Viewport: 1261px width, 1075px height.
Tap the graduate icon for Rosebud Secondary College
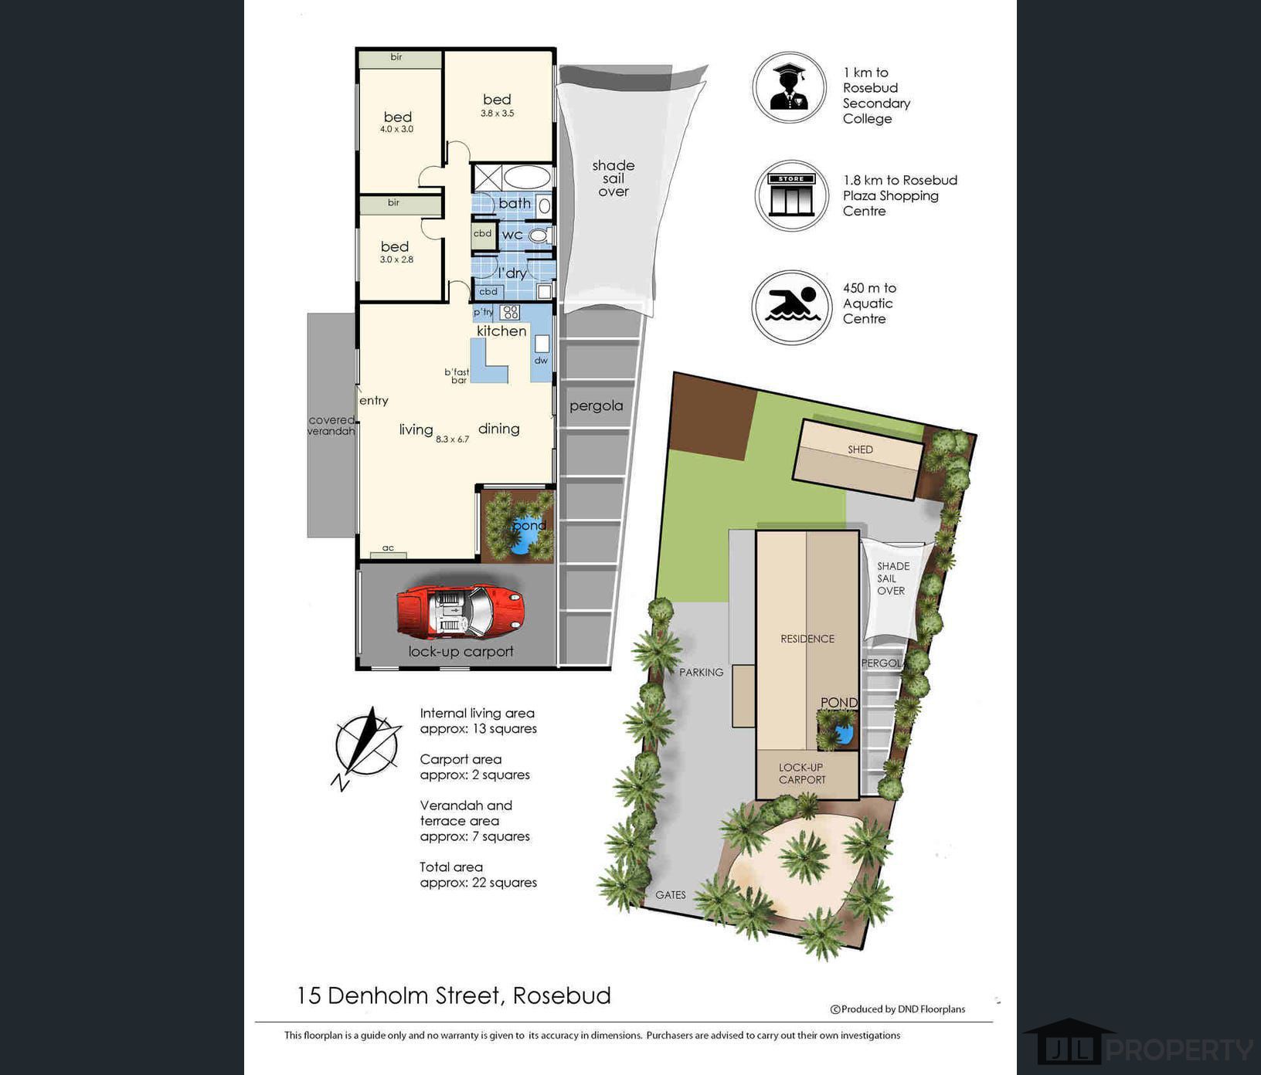point(790,87)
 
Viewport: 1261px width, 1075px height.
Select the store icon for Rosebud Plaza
point(791,195)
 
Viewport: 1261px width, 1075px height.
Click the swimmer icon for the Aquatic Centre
point(791,307)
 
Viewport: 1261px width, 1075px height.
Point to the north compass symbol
point(366,748)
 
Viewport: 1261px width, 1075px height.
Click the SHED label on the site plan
point(860,449)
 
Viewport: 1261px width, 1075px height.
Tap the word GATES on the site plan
point(671,895)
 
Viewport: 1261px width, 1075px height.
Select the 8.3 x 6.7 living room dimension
point(452,439)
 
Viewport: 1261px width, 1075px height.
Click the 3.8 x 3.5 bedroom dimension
point(497,114)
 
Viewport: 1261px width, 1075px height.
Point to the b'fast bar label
point(457,376)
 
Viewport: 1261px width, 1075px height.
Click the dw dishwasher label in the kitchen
point(541,361)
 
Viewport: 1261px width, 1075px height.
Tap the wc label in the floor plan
point(512,235)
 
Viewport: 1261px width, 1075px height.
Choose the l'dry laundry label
point(512,273)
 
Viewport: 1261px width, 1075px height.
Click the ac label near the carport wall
point(388,548)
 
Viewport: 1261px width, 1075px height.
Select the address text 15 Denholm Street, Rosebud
point(454,995)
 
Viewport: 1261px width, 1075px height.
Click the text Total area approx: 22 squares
point(478,875)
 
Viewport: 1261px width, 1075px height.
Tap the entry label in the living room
point(374,401)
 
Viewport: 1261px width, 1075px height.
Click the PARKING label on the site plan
point(702,673)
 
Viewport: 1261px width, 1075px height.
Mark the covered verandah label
point(331,426)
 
